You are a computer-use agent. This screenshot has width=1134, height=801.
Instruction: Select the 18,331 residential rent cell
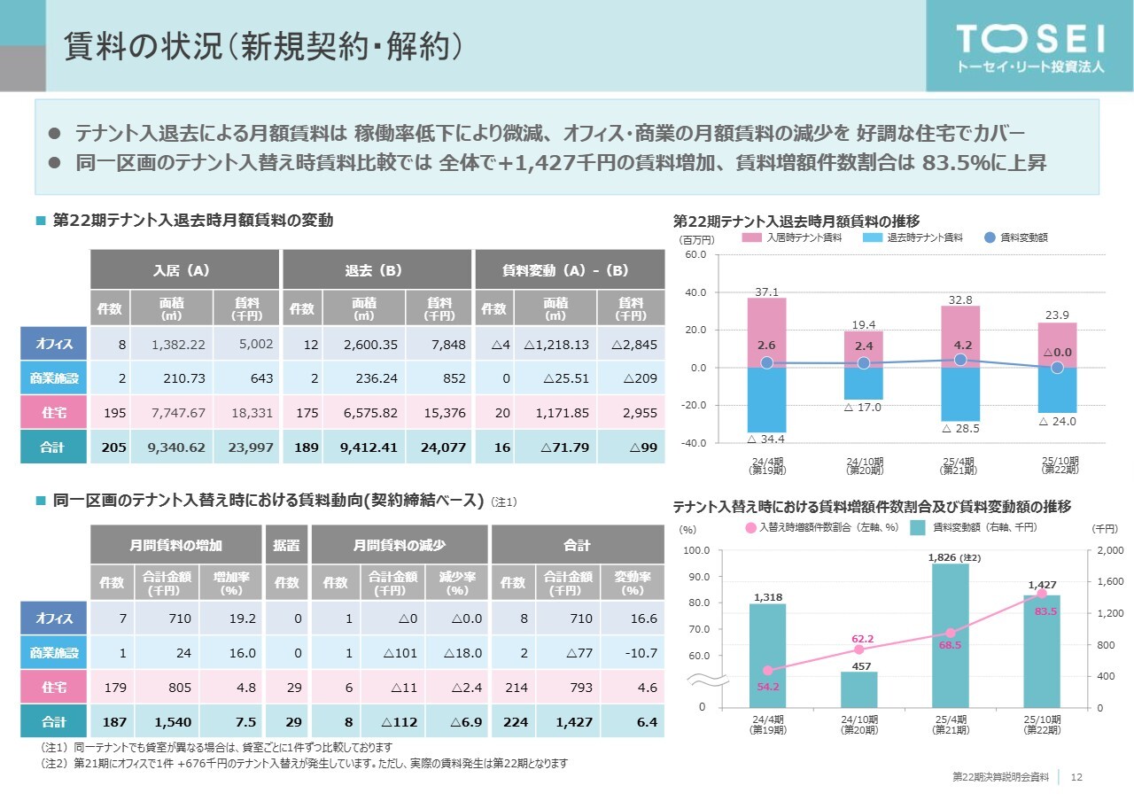(247, 413)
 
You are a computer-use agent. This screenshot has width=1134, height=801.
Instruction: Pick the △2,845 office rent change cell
(631, 342)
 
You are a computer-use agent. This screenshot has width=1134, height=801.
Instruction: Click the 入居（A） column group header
(183, 268)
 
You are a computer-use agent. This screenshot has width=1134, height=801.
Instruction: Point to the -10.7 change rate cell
(633, 653)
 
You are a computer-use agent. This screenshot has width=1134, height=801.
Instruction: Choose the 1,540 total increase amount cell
(170, 723)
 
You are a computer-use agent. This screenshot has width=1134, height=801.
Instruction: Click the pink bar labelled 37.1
(766, 332)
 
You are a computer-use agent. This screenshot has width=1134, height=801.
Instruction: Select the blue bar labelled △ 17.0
(863, 383)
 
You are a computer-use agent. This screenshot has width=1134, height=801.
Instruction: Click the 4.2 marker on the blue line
(959, 360)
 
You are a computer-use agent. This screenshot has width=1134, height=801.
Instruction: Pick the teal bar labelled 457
(858, 688)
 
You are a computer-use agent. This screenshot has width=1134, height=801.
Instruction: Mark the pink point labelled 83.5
(1042, 594)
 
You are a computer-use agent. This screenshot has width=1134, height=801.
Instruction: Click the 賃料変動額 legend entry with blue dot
(1019, 237)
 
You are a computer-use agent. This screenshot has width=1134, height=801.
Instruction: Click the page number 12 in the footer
(1077, 777)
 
